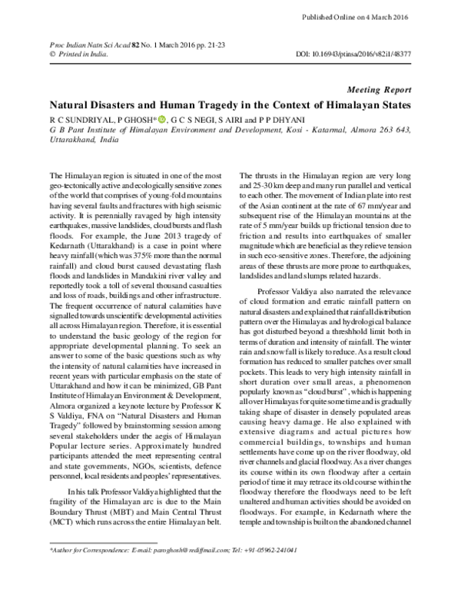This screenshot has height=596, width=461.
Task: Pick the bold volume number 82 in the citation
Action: (x=115, y=45)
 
